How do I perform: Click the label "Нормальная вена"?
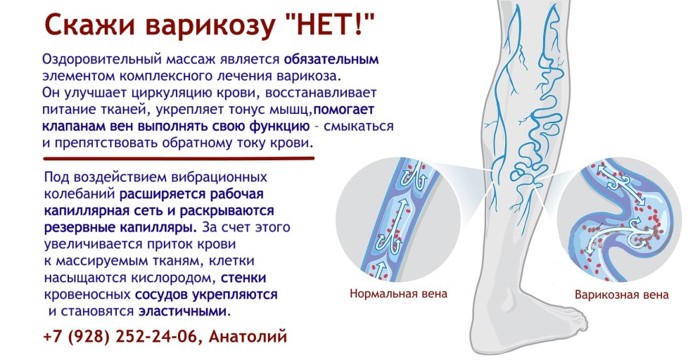click(398, 293)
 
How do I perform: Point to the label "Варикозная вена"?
click(621, 295)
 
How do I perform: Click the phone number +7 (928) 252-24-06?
click(120, 337)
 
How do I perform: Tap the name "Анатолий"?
click(248, 337)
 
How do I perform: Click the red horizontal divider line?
click(179, 157)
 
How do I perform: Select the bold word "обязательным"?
click(331, 59)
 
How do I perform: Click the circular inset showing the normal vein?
click(398, 220)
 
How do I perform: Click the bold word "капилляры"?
click(159, 228)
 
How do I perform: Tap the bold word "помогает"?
click(344, 110)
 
